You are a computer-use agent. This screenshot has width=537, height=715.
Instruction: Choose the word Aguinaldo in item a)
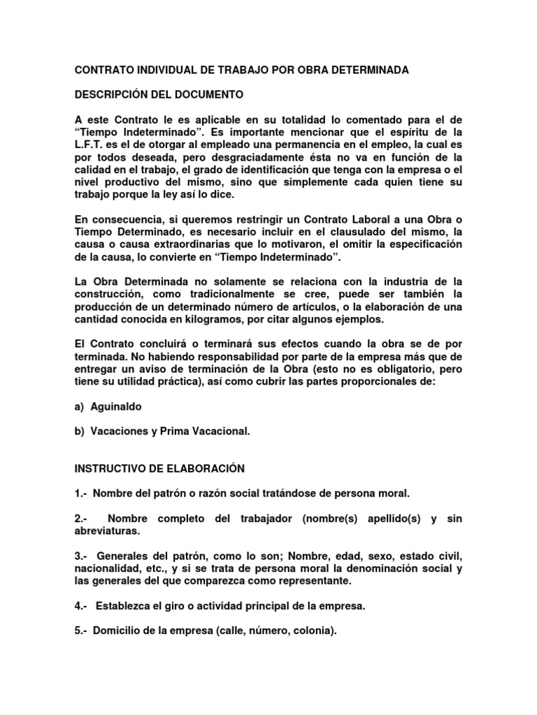pos(117,406)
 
